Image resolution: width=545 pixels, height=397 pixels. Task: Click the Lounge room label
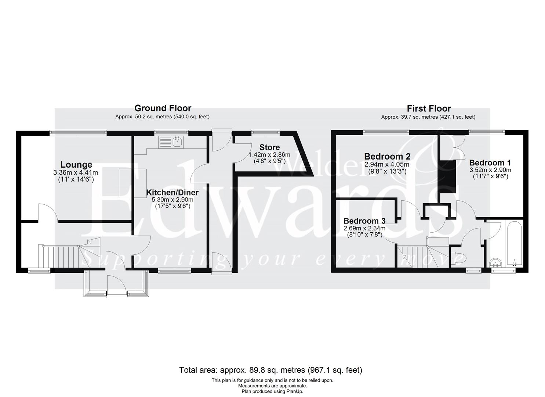tap(76, 165)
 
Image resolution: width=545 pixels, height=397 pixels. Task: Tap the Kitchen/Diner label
tap(172, 193)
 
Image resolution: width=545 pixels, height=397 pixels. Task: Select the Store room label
tap(269, 147)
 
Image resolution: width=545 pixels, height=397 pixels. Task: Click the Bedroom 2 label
tap(387, 157)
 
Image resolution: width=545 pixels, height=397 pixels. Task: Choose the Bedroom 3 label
tap(364, 221)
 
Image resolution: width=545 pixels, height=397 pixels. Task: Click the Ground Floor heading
tap(163, 108)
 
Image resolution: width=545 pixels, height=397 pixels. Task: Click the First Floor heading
tap(428, 108)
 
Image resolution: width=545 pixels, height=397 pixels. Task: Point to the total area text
tap(270, 370)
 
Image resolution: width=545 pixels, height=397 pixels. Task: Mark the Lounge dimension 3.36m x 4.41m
tap(76, 172)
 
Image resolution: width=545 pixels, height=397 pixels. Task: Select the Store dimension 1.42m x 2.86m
tap(269, 155)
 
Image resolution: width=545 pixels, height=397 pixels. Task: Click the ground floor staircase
tap(62, 257)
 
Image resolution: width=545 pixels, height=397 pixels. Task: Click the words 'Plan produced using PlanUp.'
tap(272, 391)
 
